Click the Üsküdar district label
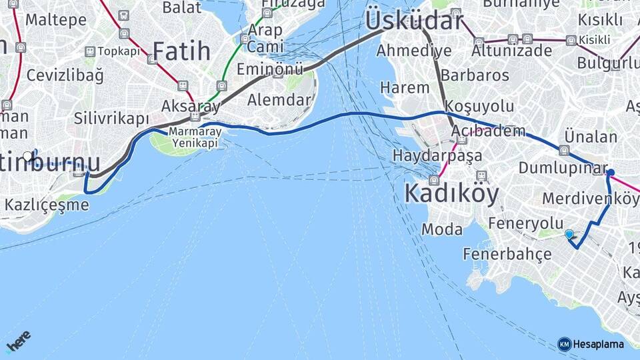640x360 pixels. pos(413,21)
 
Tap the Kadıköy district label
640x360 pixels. pos(451,194)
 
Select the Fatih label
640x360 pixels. pos(181,51)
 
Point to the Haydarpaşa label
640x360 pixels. pos(437,156)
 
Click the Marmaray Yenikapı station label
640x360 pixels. pos(193,137)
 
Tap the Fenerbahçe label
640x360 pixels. pos(507,254)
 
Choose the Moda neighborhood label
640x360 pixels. pos(442,229)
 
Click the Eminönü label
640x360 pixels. pos(270,69)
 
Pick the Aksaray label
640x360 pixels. pos(191,106)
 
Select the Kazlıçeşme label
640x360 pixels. pos(47,205)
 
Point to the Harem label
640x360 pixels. pos(405,87)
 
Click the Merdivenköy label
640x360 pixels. pos(591,199)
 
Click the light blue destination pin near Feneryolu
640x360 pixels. pos(569,234)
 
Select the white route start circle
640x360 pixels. pos(28,157)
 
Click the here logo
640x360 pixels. pos(18,341)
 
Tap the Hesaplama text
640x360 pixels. pos(599,344)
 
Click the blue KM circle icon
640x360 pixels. pos(564,344)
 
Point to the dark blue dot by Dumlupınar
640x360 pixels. pos(610,173)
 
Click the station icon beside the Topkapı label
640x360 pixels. pos(89,51)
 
